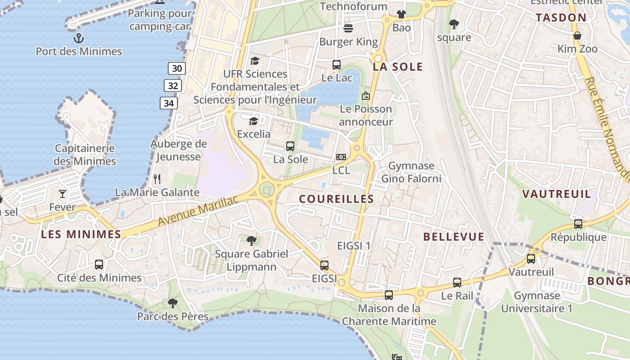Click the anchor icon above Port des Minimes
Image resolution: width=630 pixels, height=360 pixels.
pos(79,38)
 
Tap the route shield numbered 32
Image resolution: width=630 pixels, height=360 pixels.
pos(173,85)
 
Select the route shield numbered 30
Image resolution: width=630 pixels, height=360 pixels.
pos(177,68)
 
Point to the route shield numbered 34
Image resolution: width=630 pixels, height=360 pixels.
pos(169,103)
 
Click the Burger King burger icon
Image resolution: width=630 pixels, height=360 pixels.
pos(348,29)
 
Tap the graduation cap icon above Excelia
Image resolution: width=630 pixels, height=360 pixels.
pos(254,121)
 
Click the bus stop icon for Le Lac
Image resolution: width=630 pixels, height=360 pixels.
pos(337,65)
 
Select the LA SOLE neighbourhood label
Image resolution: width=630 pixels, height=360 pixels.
pos(398,67)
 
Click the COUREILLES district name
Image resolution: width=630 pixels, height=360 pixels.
pos(337,199)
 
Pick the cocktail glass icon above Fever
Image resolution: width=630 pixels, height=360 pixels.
pos(62,194)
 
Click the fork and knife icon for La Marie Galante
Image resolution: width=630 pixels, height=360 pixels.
pos(157,179)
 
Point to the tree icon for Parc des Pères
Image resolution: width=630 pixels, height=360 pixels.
pos(172,303)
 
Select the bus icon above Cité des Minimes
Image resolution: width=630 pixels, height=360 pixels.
pos(99,265)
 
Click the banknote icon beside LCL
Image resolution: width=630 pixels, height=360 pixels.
pos(341,157)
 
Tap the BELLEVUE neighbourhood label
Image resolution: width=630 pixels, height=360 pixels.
pos(454,237)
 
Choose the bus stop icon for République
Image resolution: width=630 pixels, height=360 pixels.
pos(578,224)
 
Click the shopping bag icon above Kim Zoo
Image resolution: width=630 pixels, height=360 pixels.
pos(577,36)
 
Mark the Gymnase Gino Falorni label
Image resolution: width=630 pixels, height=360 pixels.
pos(411,172)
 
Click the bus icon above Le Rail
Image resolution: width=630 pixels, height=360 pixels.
pos(457,283)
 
